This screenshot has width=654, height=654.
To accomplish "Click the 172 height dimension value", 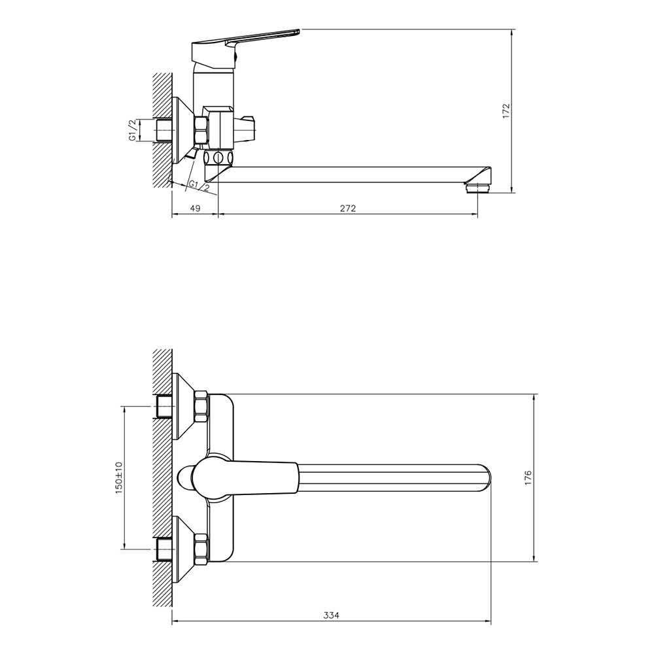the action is [506, 111].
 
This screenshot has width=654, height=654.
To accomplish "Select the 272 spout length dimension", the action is [348, 208].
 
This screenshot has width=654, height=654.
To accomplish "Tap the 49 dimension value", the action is [195, 208].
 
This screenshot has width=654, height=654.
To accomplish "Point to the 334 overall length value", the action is [331, 615].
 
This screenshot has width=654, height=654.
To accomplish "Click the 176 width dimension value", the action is [528, 477].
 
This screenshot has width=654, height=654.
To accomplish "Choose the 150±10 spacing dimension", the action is [119, 477].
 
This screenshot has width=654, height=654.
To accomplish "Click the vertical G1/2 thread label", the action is [132, 130].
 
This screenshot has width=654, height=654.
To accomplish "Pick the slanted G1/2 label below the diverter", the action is [199, 185].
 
